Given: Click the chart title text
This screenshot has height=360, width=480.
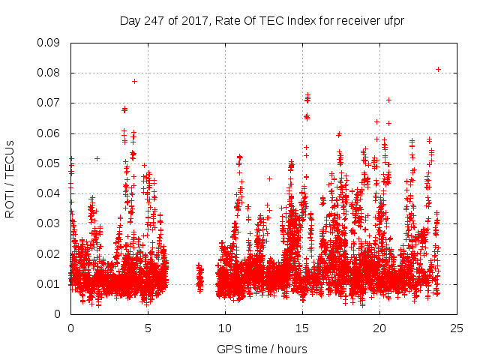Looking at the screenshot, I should pyautogui.click(x=262, y=20).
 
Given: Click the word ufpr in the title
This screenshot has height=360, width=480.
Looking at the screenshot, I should pyautogui.click(x=392, y=20).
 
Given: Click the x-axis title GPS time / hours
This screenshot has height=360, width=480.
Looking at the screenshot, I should pyautogui.click(x=262, y=349).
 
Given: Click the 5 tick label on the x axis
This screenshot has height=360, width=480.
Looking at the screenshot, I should pyautogui.click(x=148, y=327).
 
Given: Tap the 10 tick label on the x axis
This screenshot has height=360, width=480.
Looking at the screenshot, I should pyautogui.click(x=225, y=327).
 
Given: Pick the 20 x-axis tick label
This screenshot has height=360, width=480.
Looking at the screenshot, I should pyautogui.click(x=379, y=327).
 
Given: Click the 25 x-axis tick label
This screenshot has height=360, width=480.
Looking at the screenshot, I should pyautogui.click(x=457, y=327).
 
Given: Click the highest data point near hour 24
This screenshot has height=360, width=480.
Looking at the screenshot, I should pyautogui.click(x=438, y=69).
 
